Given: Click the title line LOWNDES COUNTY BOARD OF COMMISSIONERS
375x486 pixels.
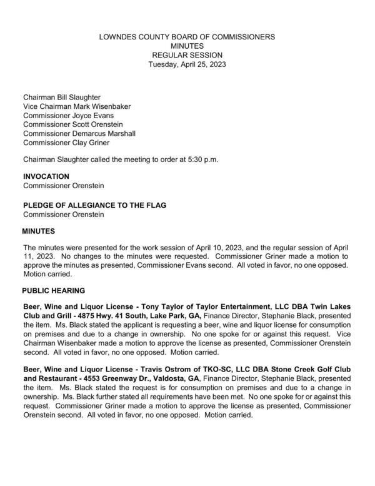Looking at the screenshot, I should (187, 37).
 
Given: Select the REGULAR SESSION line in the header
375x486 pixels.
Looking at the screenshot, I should (187, 55).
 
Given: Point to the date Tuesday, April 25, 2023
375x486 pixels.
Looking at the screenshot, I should (187, 64).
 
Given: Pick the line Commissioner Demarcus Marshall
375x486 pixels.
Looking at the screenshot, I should (79, 133).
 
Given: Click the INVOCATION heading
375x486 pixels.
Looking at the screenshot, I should (46, 176).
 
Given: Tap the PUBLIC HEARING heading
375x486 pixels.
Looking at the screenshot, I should (53, 291).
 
